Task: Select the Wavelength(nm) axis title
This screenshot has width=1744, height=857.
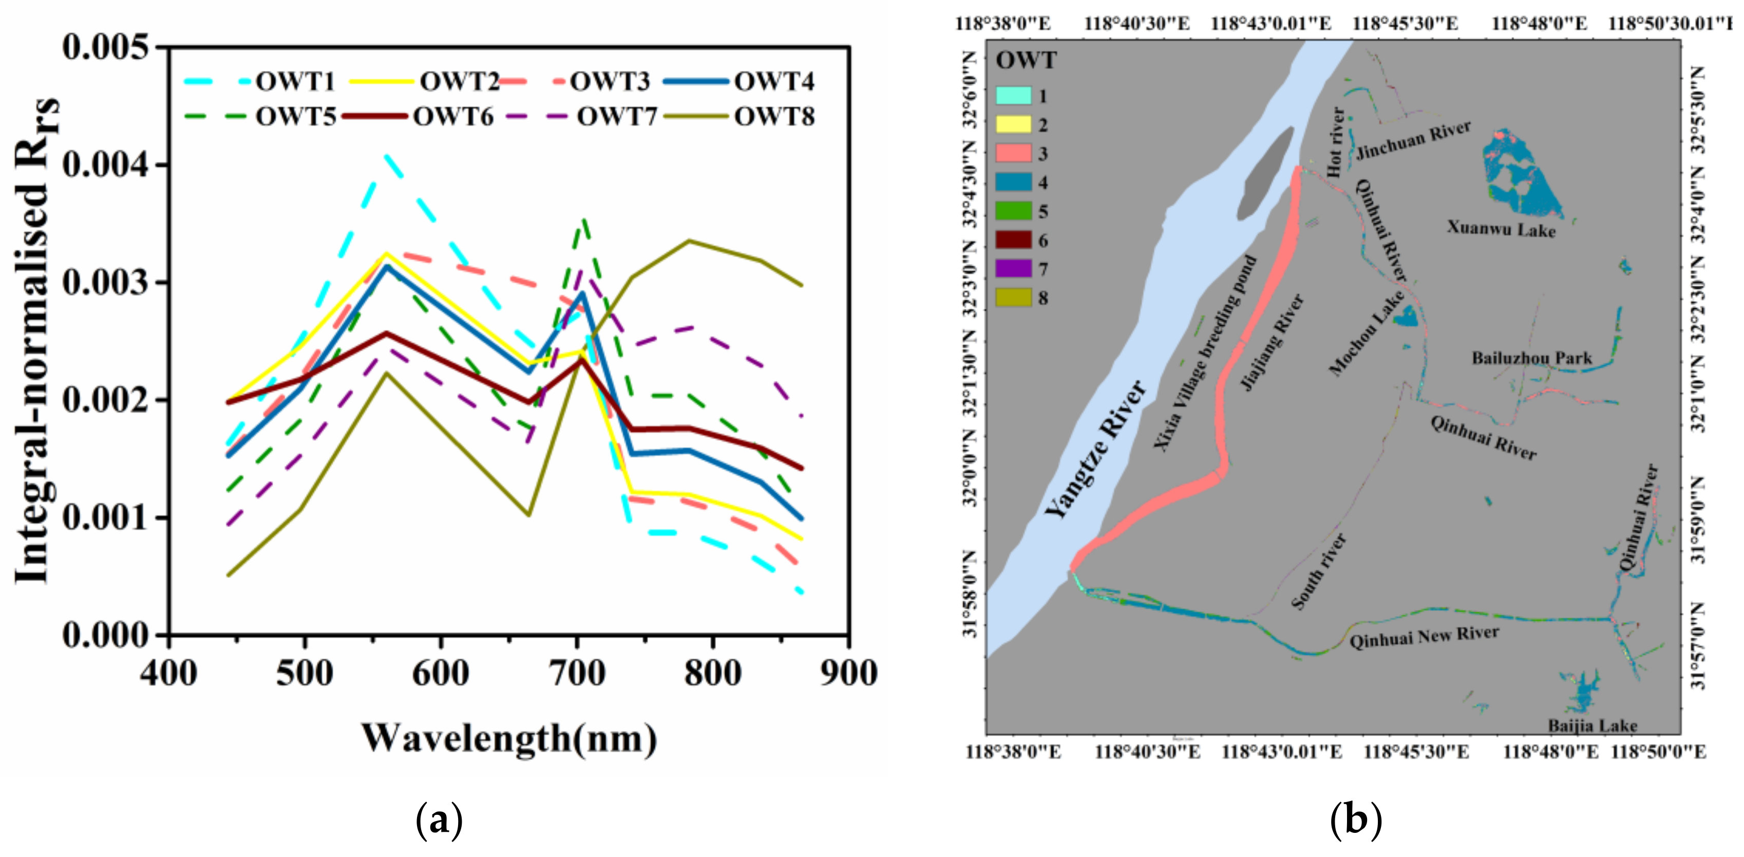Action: tap(509, 738)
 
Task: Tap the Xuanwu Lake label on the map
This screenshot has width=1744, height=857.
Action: tap(1501, 228)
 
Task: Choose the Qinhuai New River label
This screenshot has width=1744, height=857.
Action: tap(1424, 636)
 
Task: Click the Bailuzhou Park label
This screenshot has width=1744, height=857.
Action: tap(1531, 358)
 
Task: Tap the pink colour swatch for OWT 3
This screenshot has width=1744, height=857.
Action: tap(1014, 153)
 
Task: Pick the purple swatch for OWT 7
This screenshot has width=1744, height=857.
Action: tap(1014, 269)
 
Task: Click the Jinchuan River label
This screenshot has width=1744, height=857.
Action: tap(1414, 140)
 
